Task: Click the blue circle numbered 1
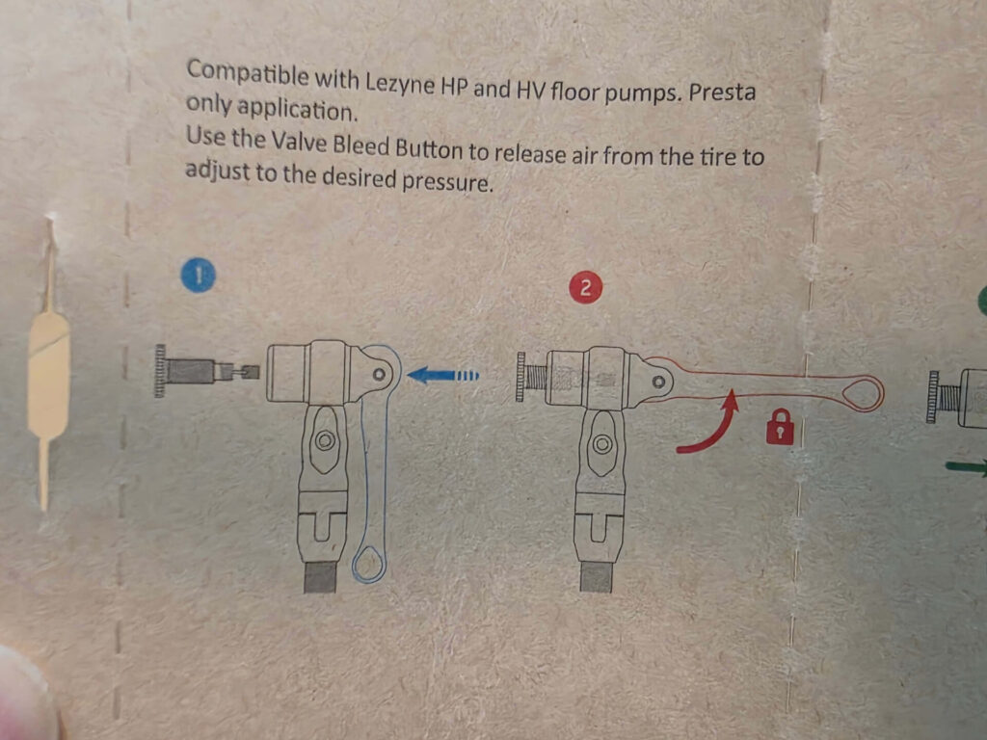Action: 199,277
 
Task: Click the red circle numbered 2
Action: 585,287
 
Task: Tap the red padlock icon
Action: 780,427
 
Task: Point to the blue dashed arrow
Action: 442,376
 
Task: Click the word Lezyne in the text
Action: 400,83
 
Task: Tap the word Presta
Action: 721,92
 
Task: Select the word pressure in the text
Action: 446,182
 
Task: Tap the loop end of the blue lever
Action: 368,564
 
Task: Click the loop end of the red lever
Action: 863,394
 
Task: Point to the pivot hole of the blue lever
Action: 379,375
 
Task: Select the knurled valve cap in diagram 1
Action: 161,371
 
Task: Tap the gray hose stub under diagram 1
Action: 320,578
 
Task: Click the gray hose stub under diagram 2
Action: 596,577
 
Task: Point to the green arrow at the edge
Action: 966,467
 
